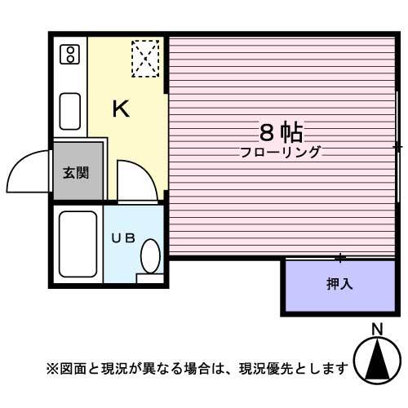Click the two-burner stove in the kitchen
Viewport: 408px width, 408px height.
pyautogui.click(x=71, y=54)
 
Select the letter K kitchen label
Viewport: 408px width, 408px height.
pyautogui.click(x=121, y=109)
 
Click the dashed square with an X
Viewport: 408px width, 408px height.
pyautogui.click(x=146, y=58)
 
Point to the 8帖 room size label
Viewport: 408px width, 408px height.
pyautogui.click(x=281, y=131)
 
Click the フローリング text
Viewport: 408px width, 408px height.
pyautogui.click(x=281, y=152)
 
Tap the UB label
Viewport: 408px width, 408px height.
pyautogui.click(x=122, y=238)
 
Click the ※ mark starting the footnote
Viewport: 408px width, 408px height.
pyautogui.click(x=51, y=368)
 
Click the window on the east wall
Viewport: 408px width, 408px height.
pyautogui.click(x=397, y=147)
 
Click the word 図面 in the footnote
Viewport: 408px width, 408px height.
pyautogui.click(x=71, y=368)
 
